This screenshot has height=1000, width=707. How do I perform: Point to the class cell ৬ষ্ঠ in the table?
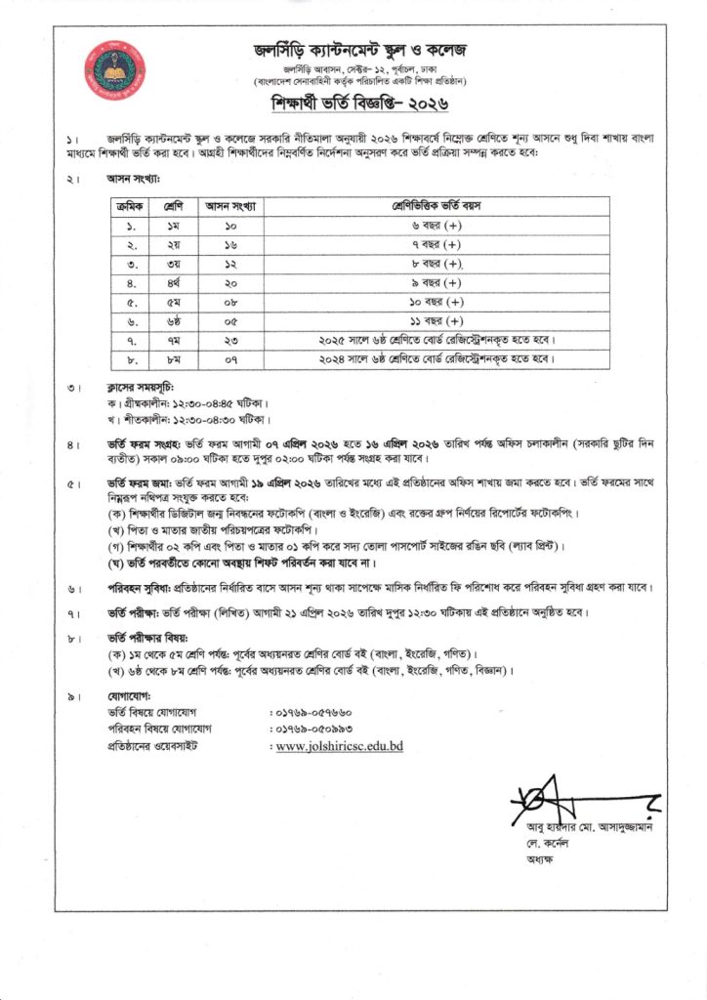tap(175, 321)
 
